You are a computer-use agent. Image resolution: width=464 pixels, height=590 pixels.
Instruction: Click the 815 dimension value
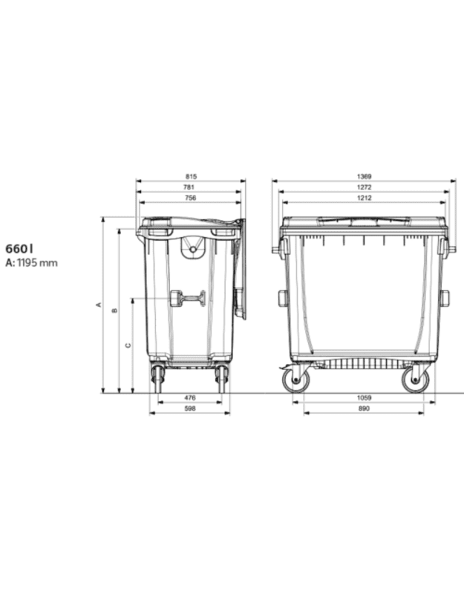point(191,176)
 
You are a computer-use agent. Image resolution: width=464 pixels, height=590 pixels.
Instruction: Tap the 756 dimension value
point(191,198)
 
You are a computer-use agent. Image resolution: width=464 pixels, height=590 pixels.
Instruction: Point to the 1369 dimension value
point(364,176)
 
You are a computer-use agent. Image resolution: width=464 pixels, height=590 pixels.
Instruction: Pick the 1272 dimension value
point(364,187)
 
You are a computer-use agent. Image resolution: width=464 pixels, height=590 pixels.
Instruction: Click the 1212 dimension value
point(364,198)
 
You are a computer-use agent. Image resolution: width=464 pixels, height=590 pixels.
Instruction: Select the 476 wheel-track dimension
point(190,398)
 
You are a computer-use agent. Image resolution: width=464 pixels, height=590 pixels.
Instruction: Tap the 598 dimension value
point(190,408)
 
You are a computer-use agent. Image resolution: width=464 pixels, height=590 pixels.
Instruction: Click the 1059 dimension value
point(364,398)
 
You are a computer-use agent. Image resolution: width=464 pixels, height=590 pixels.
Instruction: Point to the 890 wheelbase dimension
point(364,408)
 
